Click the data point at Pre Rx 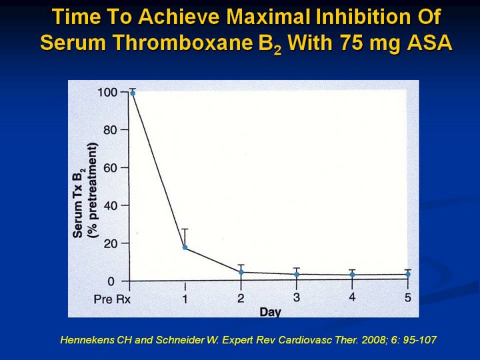coord(133,93)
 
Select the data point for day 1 coord(185,247)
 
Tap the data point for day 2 coord(241,272)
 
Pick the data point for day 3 coord(297,274)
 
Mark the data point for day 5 coord(407,274)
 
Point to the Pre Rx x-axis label coord(112,299)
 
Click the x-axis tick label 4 coord(352,297)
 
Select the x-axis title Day coord(269,311)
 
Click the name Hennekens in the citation coord(86,340)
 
